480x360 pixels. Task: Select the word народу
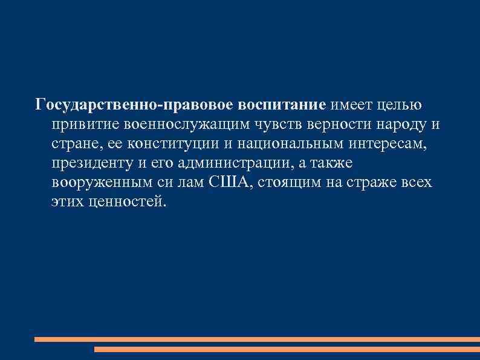(401, 124)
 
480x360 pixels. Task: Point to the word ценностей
(125, 201)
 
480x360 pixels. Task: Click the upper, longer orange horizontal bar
(257, 340)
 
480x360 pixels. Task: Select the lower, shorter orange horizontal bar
(287, 350)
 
